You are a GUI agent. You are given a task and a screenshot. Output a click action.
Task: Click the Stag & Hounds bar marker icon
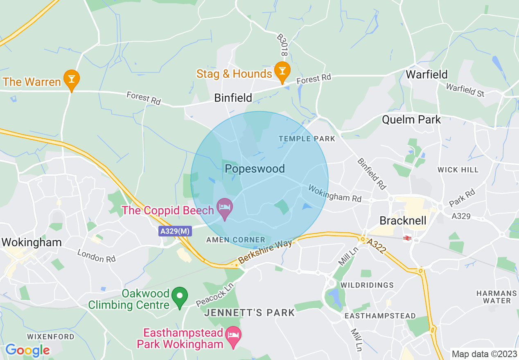point(282,70)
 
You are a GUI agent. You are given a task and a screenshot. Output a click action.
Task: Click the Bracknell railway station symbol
point(407,238)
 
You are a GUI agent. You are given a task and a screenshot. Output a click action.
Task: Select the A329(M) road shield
point(175,232)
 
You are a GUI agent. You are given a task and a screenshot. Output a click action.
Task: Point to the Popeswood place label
point(255,169)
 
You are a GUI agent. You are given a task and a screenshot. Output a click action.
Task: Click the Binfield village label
point(233,98)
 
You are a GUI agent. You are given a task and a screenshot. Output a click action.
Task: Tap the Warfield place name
point(426,74)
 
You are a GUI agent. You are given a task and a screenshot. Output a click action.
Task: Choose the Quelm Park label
point(411,119)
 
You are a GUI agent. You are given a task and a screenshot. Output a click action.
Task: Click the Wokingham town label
point(32,242)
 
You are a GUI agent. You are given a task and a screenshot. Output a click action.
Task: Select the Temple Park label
point(307,139)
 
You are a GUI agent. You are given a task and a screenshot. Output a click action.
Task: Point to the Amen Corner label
point(236,240)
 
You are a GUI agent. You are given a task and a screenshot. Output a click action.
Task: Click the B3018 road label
point(282,45)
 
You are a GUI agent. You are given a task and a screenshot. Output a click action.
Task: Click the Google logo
point(27,350)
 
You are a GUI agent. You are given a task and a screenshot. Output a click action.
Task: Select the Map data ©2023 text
point(483,354)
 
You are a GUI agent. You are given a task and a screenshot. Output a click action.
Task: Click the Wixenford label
point(51,337)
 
